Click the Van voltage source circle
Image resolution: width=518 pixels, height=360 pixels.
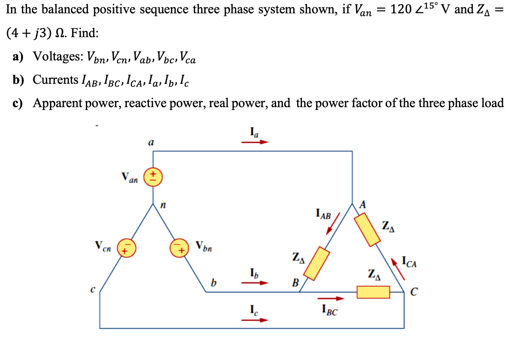153,177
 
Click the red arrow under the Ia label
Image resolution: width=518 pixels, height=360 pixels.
258,141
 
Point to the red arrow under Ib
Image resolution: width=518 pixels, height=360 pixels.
258,282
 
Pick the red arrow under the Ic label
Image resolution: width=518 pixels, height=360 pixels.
258,320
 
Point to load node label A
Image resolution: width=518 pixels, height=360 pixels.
363,205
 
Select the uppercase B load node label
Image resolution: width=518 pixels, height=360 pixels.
295,284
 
